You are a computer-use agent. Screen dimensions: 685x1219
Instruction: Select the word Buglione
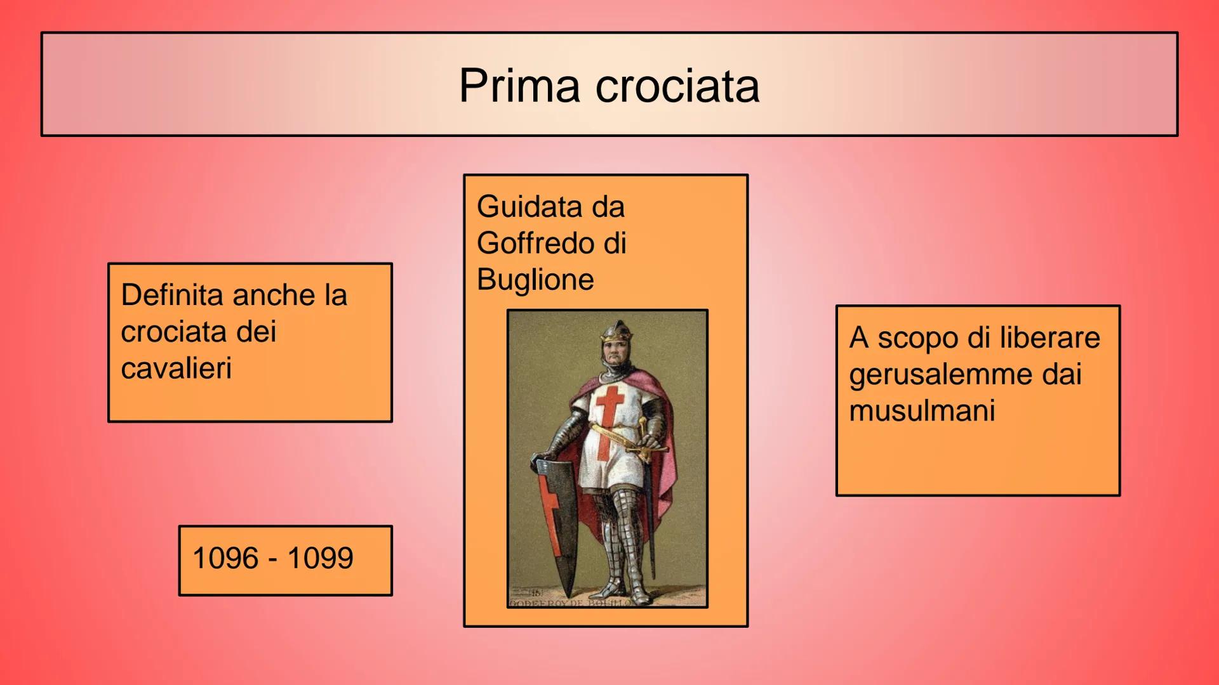pos(535,280)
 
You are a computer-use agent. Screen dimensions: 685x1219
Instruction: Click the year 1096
pos(225,558)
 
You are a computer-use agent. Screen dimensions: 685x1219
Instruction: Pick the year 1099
pos(320,558)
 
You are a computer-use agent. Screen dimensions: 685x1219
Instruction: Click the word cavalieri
pos(177,369)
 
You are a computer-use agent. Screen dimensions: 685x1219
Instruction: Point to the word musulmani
pos(922,411)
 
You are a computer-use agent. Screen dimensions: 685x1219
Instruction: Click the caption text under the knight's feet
pos(571,603)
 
